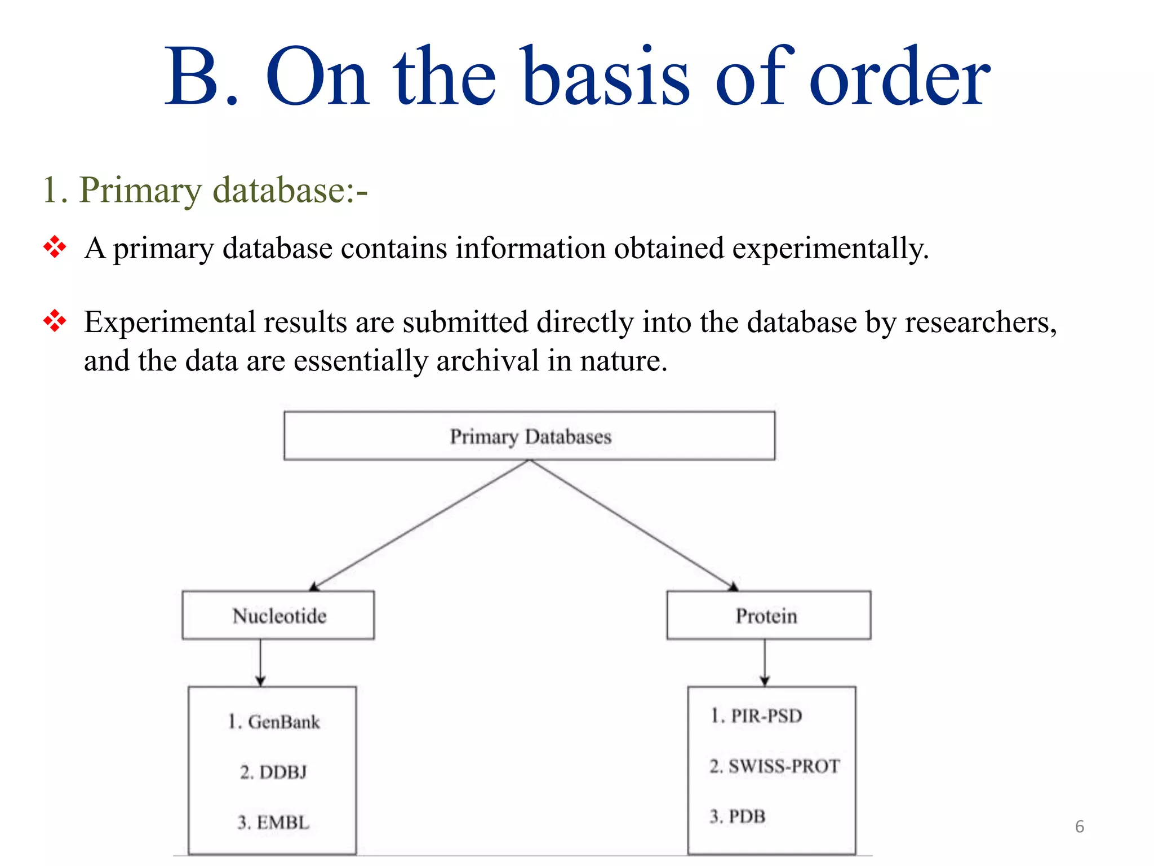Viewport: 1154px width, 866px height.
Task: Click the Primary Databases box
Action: pyautogui.click(x=529, y=436)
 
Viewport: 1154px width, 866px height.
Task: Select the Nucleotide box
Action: pyautogui.click(x=278, y=615)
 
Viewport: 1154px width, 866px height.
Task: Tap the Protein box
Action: pyautogui.click(x=768, y=615)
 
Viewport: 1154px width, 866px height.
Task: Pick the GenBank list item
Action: pyautogui.click(x=274, y=722)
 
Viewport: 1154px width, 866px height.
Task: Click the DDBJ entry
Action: pyautogui.click(x=274, y=772)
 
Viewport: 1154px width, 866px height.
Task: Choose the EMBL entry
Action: pyautogui.click(x=274, y=822)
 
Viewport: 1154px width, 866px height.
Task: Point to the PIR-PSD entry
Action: pyautogui.click(x=756, y=715)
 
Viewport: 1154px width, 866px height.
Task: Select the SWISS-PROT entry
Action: pyautogui.click(x=775, y=766)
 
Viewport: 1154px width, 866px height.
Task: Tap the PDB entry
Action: pyautogui.click(x=738, y=816)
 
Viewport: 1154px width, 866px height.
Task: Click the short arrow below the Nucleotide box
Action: pyautogui.click(x=260, y=662)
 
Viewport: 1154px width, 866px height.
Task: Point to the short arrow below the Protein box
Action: pyautogui.click(x=765, y=662)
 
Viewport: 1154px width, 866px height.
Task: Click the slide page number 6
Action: pyautogui.click(x=1080, y=827)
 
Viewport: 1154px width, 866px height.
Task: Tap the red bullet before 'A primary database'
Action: pyautogui.click(x=55, y=247)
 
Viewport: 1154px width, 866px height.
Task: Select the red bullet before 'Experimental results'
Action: pyautogui.click(x=55, y=321)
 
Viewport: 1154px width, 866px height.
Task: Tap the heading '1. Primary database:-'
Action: pyautogui.click(x=205, y=189)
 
